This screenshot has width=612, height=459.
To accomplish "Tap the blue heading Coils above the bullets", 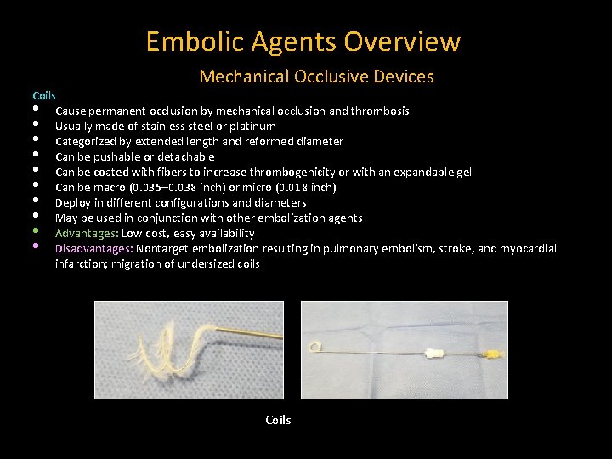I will pyautogui.click(x=44, y=95).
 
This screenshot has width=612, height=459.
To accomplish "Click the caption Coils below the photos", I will pyautogui.click(x=278, y=420).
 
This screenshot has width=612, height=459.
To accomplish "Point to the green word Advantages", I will pyautogui.click(x=87, y=233).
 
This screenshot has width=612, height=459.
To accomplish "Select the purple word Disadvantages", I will pyautogui.click(x=93, y=248).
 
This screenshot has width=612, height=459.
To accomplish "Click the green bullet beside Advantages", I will pyautogui.click(x=37, y=231).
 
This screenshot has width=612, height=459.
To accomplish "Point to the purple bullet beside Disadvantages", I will pyautogui.click(x=37, y=246).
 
